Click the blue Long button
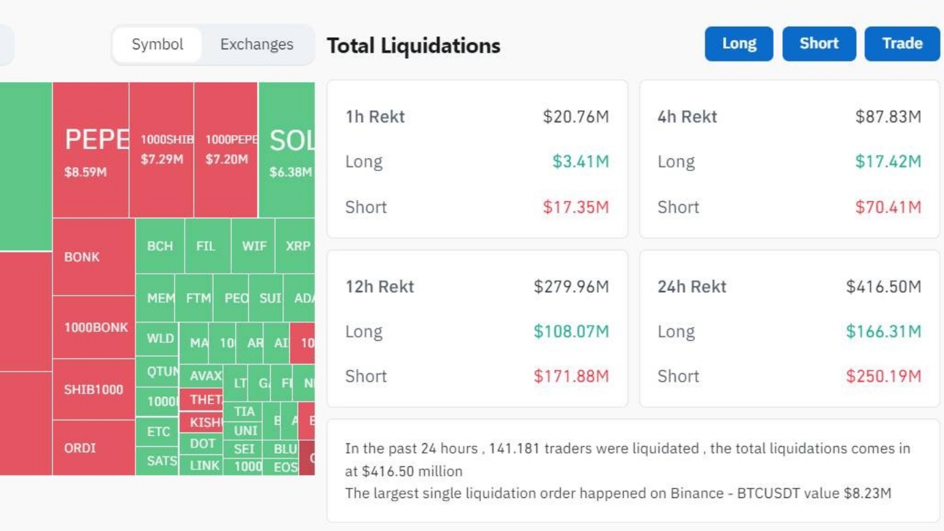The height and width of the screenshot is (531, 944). point(739,44)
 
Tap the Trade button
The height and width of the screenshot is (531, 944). point(902,44)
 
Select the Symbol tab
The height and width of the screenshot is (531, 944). point(157,44)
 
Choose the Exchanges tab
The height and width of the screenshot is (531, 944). point(257,44)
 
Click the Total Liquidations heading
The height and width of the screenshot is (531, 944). point(414,46)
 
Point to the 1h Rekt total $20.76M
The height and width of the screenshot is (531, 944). point(575,117)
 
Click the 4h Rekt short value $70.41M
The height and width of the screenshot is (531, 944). point(888,207)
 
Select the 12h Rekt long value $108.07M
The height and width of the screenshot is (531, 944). point(571,332)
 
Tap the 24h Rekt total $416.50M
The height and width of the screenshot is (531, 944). point(883,287)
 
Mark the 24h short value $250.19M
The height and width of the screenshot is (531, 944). point(883,376)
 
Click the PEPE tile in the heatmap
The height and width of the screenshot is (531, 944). point(90,151)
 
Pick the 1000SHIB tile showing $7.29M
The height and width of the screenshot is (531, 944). point(161,151)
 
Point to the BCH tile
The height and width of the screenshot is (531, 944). point(160,246)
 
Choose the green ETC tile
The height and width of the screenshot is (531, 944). point(158,432)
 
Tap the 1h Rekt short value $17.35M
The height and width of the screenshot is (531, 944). point(575,207)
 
